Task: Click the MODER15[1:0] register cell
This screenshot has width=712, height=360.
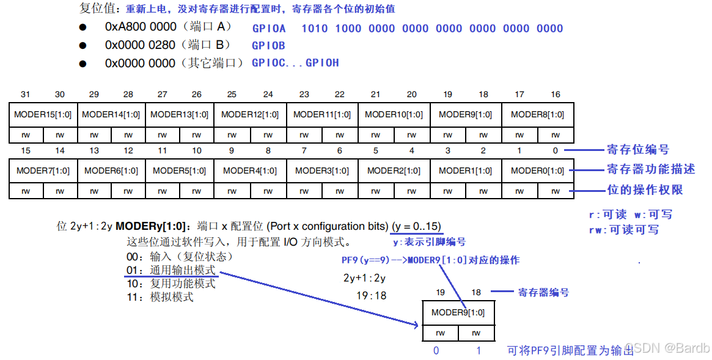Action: [43, 115]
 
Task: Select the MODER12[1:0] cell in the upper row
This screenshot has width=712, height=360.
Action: [250, 115]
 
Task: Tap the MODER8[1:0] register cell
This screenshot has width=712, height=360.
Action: [537, 115]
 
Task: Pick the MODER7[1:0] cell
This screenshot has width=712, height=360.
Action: [43, 171]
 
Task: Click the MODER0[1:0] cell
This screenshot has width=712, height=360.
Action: [537, 171]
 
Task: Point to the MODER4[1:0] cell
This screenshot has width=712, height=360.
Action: [250, 171]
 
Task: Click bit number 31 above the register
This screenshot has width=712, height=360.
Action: [25, 94]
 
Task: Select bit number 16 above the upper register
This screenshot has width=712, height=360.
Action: [555, 94]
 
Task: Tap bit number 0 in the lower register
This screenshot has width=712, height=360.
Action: [555, 150]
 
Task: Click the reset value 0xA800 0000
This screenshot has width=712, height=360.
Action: [140, 27]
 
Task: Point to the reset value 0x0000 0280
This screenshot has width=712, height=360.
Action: [140, 45]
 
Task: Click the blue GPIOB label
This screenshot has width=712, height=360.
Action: [268, 45]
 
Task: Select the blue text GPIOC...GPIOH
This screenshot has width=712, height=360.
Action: [295, 63]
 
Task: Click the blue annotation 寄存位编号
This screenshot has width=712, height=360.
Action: [637, 150]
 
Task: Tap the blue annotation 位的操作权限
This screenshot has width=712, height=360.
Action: [644, 190]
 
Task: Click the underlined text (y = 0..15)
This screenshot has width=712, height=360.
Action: [416, 226]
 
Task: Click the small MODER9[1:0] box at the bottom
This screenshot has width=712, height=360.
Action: [458, 313]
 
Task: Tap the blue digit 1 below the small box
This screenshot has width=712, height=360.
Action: [479, 351]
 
